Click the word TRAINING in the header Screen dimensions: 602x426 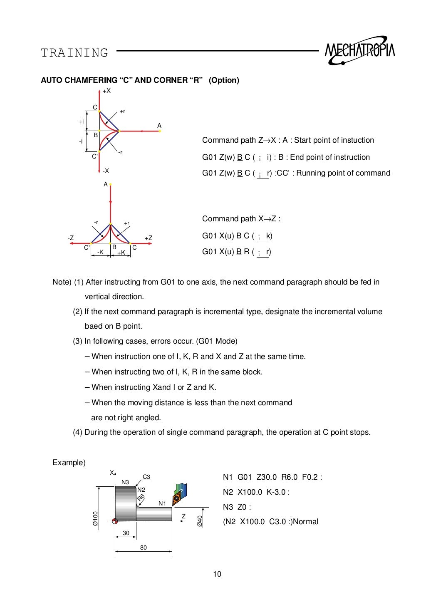coord(74,53)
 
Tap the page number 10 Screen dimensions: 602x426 coord(217,574)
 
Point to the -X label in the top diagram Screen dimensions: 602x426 coord(106,171)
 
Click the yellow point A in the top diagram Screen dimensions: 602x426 coord(160,131)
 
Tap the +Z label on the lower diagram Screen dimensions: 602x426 coord(149,238)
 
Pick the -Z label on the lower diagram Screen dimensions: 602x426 coord(71,238)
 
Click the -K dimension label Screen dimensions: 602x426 coord(100,252)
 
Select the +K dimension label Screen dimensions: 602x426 coord(121,252)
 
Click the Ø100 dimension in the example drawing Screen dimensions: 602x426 coord(95,520)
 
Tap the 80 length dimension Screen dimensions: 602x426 coord(143,548)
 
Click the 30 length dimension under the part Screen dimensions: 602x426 coord(126,533)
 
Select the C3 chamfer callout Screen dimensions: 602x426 coord(146,477)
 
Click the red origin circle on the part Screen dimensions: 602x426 coord(115,521)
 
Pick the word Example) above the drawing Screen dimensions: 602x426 coord(69,463)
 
